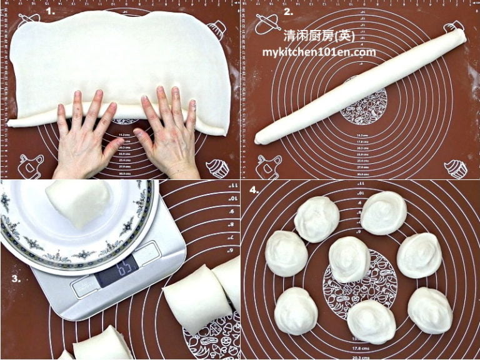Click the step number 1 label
(x=50, y=11)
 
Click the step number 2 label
(x=288, y=11)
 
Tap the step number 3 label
(x=15, y=278)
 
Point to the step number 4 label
(x=252, y=189)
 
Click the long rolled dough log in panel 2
(x=361, y=86)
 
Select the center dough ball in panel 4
(x=349, y=259)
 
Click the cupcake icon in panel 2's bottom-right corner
(x=456, y=168)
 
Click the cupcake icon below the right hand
(x=216, y=167)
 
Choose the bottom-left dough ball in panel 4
(x=296, y=311)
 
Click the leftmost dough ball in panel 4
(x=286, y=253)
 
